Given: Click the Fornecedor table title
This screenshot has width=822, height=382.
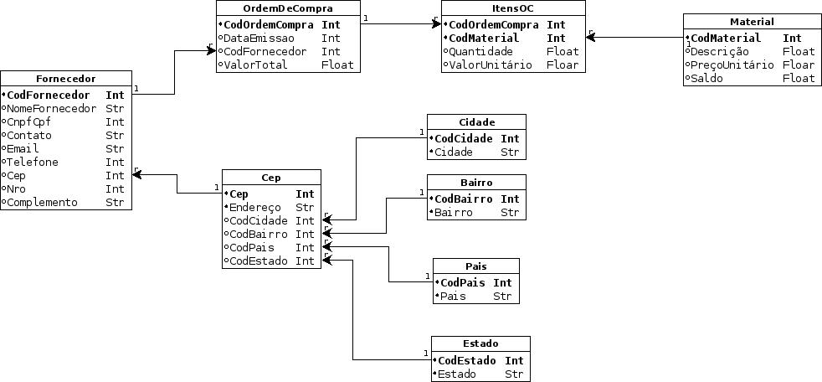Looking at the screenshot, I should tap(66, 79).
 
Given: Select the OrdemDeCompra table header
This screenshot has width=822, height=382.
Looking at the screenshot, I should tap(288, 8).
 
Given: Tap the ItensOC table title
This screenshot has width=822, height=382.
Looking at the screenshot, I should tap(513, 8).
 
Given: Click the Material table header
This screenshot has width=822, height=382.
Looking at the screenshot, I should tap(752, 22).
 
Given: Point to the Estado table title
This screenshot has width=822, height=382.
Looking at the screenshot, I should tap(480, 343).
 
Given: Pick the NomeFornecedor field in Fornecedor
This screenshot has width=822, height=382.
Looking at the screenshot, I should tap(52, 109).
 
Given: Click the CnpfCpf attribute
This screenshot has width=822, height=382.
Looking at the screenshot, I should tap(30, 122).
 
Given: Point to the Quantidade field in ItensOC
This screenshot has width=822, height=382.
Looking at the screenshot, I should tap(478, 52).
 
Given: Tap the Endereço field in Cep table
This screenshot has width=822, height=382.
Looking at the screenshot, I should tap(256, 208).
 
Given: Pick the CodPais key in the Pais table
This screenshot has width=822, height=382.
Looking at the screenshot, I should tap(463, 283).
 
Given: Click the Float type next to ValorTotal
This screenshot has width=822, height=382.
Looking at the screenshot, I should tap(337, 65).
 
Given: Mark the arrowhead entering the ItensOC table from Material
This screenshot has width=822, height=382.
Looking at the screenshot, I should tap(590, 38).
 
